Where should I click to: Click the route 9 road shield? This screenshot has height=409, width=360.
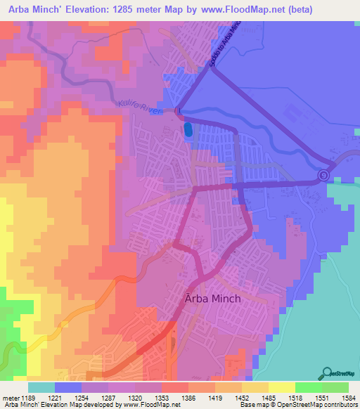coord(323,176)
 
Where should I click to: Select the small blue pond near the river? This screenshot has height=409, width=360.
coord(187,130)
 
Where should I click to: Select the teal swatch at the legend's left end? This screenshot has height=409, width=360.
coord(41,387)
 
